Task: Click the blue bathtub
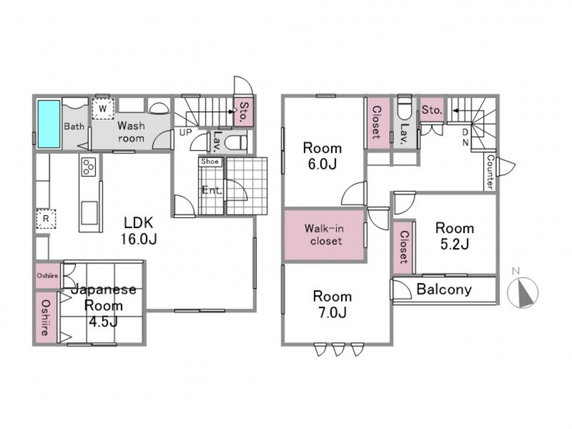tap(49, 124)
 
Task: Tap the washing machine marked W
tap(103, 109)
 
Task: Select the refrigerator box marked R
tap(46, 219)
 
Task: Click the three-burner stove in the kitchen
tap(89, 167)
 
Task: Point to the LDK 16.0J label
tap(139, 230)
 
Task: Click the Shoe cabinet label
tap(209, 162)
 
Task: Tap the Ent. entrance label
tap(212, 190)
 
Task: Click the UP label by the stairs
tap(185, 132)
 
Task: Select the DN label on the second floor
tap(465, 137)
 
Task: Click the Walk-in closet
tap(324, 235)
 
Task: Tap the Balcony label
tap(444, 290)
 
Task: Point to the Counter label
tap(490, 172)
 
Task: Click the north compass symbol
tap(523, 291)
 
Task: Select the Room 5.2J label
tap(455, 236)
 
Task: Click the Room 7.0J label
tap(332, 305)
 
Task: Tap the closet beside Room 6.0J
tap(377, 122)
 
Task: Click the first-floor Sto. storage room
tap(242, 112)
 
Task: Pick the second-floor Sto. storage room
tap(432, 109)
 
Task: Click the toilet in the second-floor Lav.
tap(404, 107)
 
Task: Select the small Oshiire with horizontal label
tap(48, 276)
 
